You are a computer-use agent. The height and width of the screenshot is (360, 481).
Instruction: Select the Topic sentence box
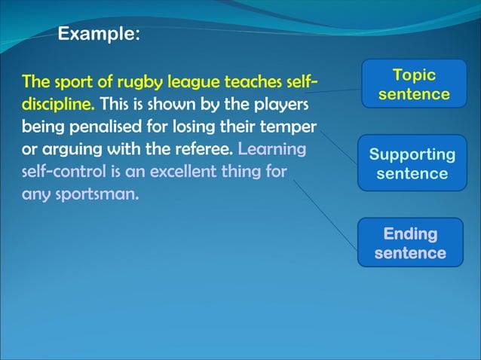pyautogui.click(x=414, y=84)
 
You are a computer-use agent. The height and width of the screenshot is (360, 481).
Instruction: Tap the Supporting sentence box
pyautogui.click(x=412, y=163)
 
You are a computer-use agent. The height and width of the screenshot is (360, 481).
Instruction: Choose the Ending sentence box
pyautogui.click(x=410, y=243)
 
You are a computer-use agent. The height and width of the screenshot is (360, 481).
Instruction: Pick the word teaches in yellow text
pyautogui.click(x=248, y=80)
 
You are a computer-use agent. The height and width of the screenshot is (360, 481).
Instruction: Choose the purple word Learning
pyautogui.click(x=272, y=148)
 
